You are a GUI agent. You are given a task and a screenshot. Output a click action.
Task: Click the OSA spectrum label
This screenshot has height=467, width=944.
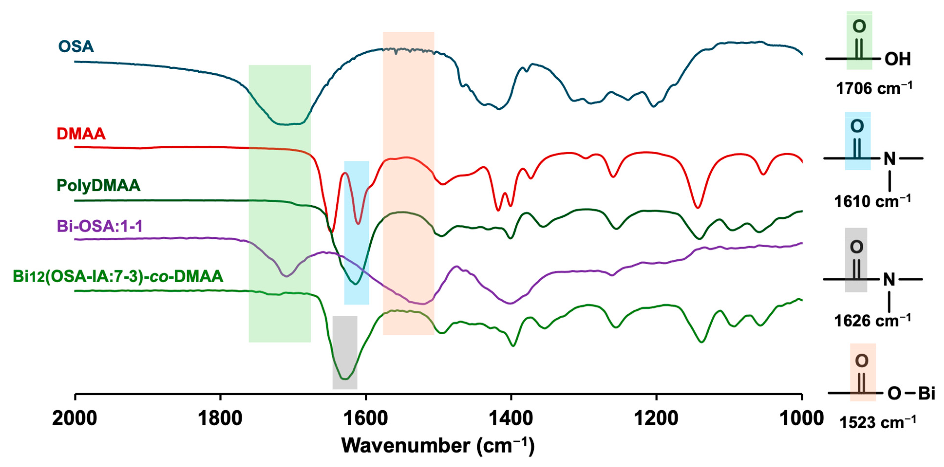click(76, 46)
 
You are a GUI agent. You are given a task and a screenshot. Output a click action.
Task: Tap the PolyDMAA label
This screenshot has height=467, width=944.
click(98, 185)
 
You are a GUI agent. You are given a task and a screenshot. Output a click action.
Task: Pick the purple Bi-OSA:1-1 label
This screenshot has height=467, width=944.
click(100, 226)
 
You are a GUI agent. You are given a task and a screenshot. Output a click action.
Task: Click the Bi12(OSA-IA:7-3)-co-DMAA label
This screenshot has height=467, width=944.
click(118, 276)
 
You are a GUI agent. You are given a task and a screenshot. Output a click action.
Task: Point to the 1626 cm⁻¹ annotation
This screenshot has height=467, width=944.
click(872, 321)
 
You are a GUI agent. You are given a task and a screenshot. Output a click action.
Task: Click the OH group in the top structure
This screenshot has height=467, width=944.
click(897, 59)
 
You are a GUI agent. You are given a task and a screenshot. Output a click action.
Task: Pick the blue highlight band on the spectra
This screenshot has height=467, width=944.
click(357, 233)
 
